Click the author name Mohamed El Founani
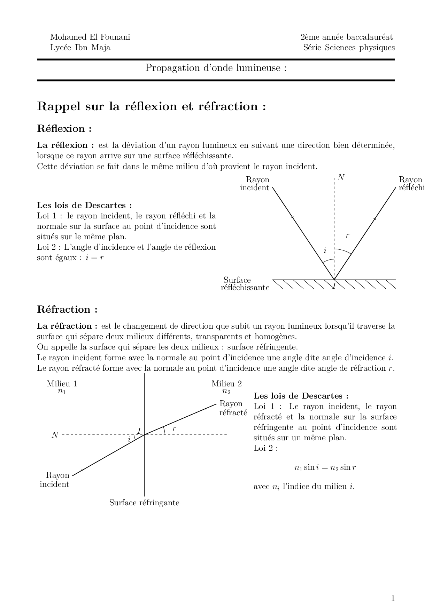pos(90,37)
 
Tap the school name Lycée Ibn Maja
pos(80,48)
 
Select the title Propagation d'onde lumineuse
pos(216,68)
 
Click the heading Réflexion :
pos(64,129)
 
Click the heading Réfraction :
pos(67,310)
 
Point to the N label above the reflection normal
pos(341,177)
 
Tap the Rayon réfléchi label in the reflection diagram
pos(411,184)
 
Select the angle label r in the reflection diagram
pos(347,235)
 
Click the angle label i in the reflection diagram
pos(325,250)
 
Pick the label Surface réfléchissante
pos(245,284)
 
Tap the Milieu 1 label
pos(62,384)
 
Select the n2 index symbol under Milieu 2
pos(226,391)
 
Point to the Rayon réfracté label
pos(233,408)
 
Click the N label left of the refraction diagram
pos(55,435)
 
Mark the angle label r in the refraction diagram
pos(174,428)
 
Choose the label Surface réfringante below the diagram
pos(144,503)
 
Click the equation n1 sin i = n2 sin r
pos(325,468)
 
